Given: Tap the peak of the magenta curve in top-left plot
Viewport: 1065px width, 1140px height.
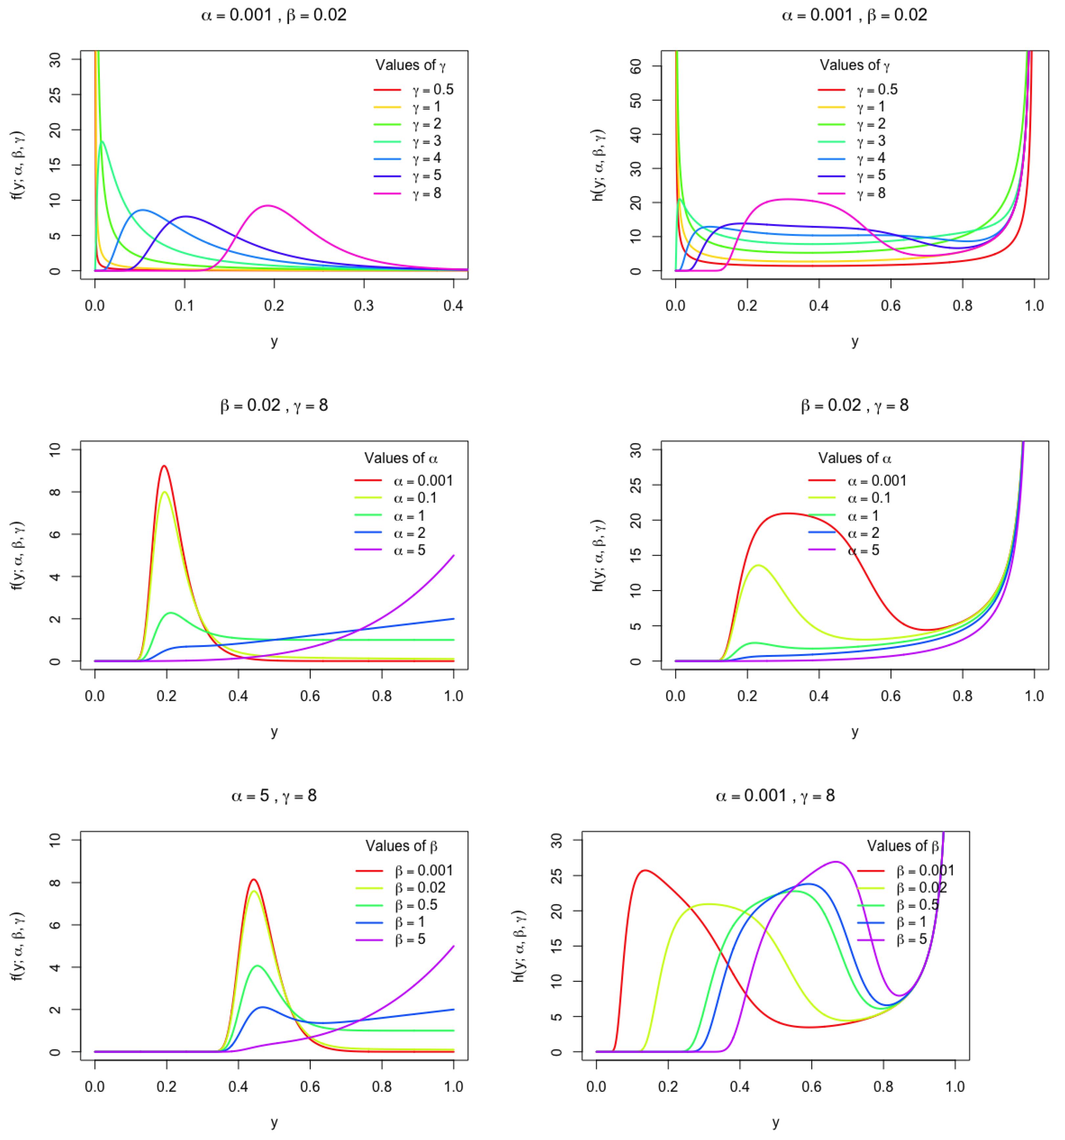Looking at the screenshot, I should tap(268, 205).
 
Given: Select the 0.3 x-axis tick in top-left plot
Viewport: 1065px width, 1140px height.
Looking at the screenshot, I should tap(364, 306).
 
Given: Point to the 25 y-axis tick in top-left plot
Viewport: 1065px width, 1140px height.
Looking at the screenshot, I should tap(55, 95).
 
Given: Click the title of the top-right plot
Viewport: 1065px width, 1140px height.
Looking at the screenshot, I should tap(854, 15).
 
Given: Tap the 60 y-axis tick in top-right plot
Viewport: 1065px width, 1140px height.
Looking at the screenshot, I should tap(636, 66).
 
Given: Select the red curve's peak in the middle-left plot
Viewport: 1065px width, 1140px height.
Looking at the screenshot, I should tap(164, 466).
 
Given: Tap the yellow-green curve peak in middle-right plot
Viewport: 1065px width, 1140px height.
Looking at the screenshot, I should tap(758, 565).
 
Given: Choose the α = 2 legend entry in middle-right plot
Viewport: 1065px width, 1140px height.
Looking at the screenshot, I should tap(863, 533).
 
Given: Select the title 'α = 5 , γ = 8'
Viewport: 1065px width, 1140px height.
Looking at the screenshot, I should tap(274, 796).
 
